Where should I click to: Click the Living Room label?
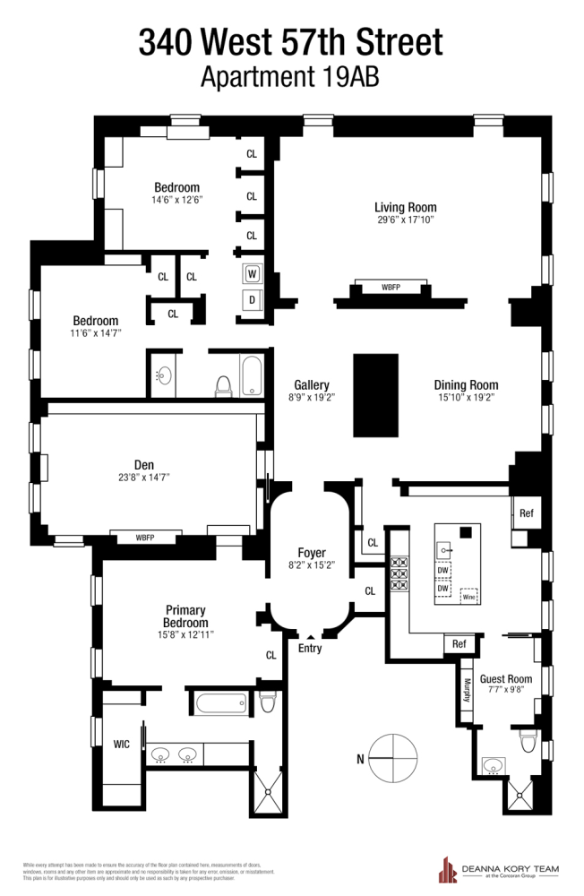point(405,207)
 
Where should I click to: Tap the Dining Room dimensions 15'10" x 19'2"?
point(466,396)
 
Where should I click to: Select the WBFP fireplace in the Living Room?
point(391,288)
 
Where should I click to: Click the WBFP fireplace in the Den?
point(145,537)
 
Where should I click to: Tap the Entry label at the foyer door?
point(310,649)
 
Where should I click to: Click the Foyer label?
point(312,553)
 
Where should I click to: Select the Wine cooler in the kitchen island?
point(467,595)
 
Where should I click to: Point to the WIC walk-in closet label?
point(121,744)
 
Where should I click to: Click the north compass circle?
point(391,758)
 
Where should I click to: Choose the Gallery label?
point(312,384)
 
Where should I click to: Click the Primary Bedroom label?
point(185,616)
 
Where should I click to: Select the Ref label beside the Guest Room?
point(459,643)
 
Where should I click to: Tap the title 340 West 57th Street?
point(290,42)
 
